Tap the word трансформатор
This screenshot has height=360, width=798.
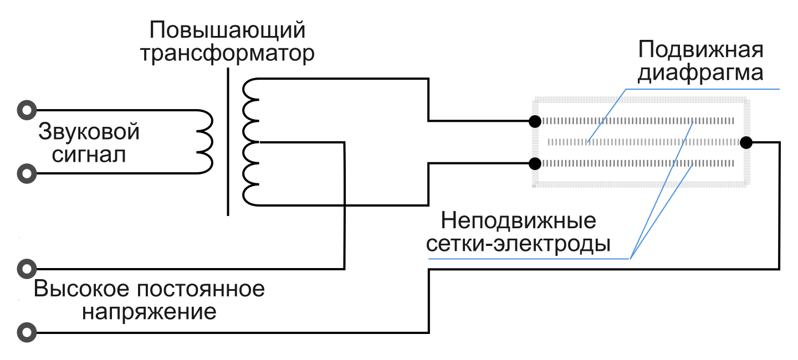[x=227, y=54]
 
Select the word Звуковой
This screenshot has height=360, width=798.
[x=89, y=132]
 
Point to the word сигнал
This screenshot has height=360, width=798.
[x=89, y=155]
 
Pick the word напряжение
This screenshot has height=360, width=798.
[x=149, y=312]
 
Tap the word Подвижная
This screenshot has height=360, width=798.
[x=700, y=50]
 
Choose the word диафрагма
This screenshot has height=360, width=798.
[x=700, y=73]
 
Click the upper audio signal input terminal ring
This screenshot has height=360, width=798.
[x=26, y=110]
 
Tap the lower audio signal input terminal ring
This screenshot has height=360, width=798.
[x=26, y=174]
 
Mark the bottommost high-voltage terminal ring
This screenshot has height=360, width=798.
[x=26, y=333]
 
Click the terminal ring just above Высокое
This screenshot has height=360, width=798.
[x=26, y=269]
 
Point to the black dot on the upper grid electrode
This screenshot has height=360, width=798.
[x=535, y=121]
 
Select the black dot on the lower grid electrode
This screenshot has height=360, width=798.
[x=535, y=163]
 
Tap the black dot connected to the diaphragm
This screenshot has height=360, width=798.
[x=746, y=142]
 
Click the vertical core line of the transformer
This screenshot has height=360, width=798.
[x=228, y=141]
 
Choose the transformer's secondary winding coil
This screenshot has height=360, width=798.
[x=250, y=142]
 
